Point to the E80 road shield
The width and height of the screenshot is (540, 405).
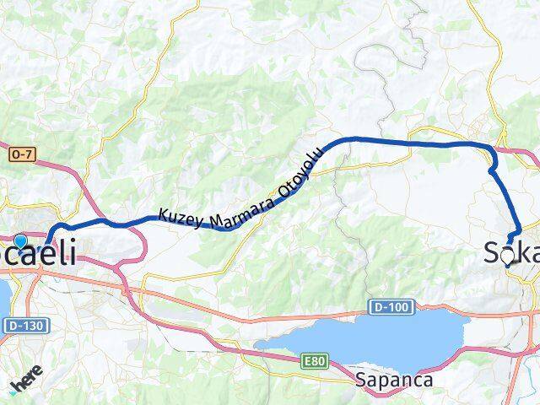point(314,361)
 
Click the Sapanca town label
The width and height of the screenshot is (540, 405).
point(395,380)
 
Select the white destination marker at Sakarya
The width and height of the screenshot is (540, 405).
point(507,256)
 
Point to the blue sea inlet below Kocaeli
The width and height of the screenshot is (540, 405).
point(3,295)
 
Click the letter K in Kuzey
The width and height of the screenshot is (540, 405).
point(164,216)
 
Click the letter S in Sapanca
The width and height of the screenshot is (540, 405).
point(362,380)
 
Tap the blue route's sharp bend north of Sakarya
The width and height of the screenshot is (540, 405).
point(491,171)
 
